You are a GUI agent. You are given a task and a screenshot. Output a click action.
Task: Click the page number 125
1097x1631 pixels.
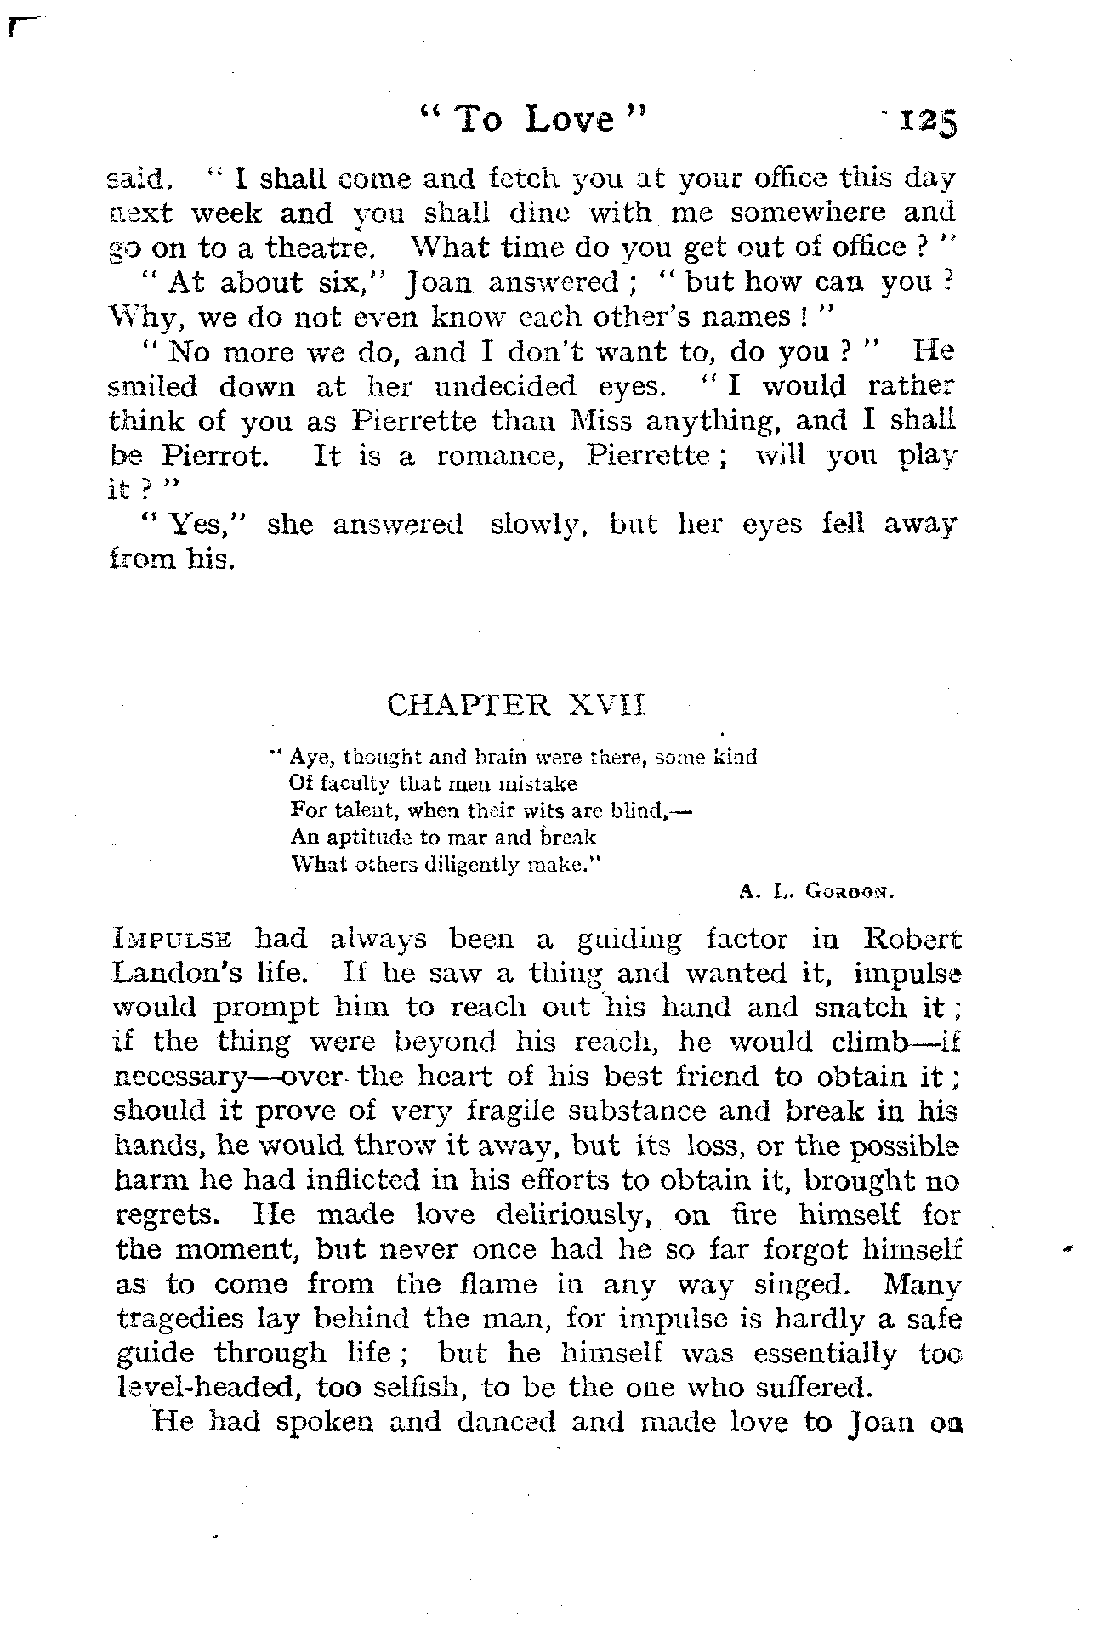click(x=929, y=123)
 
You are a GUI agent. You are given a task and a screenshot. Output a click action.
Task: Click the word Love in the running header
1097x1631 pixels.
click(x=569, y=120)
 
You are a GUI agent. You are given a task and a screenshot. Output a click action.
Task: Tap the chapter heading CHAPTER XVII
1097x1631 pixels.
click(x=516, y=705)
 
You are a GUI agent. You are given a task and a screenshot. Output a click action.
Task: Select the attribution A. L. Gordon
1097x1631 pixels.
click(x=813, y=894)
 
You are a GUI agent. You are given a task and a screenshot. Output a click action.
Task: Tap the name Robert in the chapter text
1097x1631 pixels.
click(x=912, y=940)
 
